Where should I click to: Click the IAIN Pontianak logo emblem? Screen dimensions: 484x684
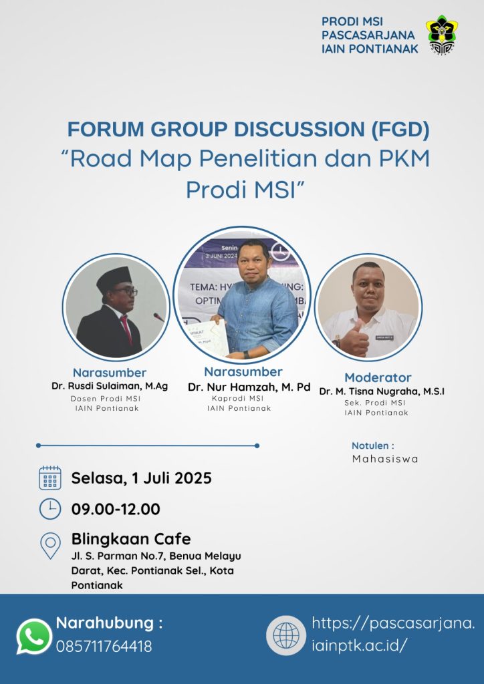[x=442, y=35]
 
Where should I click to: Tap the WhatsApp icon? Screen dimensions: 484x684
[x=34, y=637]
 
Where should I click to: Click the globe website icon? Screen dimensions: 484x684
[x=286, y=635]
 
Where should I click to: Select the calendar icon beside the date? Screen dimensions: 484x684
[x=50, y=478]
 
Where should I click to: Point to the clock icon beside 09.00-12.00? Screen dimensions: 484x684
[x=50, y=508]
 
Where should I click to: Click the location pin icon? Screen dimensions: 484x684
[x=51, y=545]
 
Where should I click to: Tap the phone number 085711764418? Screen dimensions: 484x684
[x=104, y=646]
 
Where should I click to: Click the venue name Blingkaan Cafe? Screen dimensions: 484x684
[x=131, y=539]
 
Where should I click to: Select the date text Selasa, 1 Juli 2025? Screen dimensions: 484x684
[x=142, y=478]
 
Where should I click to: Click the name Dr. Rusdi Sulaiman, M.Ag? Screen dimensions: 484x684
[x=110, y=386]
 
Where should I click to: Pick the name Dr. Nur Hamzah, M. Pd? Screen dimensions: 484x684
[x=249, y=387]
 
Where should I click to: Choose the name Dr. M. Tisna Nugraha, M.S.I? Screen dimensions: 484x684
[x=382, y=391]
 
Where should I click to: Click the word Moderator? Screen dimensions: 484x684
[x=378, y=377]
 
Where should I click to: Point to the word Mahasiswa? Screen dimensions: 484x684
[x=385, y=459]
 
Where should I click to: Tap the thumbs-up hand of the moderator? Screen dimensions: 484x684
[x=354, y=339]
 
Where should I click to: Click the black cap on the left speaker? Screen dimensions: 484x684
[x=114, y=279]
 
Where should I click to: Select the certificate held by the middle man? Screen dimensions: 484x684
[x=209, y=337]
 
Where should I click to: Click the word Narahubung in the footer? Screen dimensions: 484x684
[x=105, y=623]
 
